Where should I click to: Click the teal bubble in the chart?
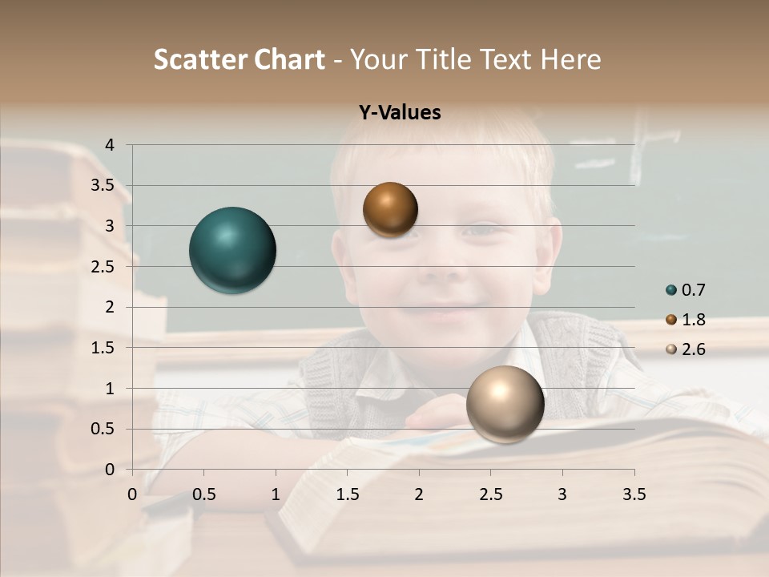pyautogui.click(x=232, y=250)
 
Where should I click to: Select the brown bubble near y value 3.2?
pyautogui.click(x=390, y=209)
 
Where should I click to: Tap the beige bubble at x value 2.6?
pyautogui.click(x=505, y=405)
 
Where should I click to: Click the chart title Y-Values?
pyautogui.click(x=400, y=113)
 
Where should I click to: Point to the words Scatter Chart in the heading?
pyautogui.click(x=240, y=59)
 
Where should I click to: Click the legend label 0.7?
pyautogui.click(x=694, y=290)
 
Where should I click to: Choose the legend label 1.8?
pyautogui.click(x=694, y=320)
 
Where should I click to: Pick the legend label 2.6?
pyautogui.click(x=694, y=349)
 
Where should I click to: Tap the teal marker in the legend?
pyautogui.click(x=671, y=290)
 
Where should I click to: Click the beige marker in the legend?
pyautogui.click(x=671, y=349)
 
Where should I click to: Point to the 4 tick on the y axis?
pyautogui.click(x=110, y=145)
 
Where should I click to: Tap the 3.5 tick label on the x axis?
pyautogui.click(x=634, y=494)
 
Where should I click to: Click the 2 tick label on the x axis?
pyautogui.click(x=418, y=494)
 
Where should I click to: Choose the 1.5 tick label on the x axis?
pyautogui.click(x=347, y=494)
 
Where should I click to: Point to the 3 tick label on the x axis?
pyautogui.click(x=562, y=494)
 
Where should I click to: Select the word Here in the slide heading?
pyautogui.click(x=570, y=59)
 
